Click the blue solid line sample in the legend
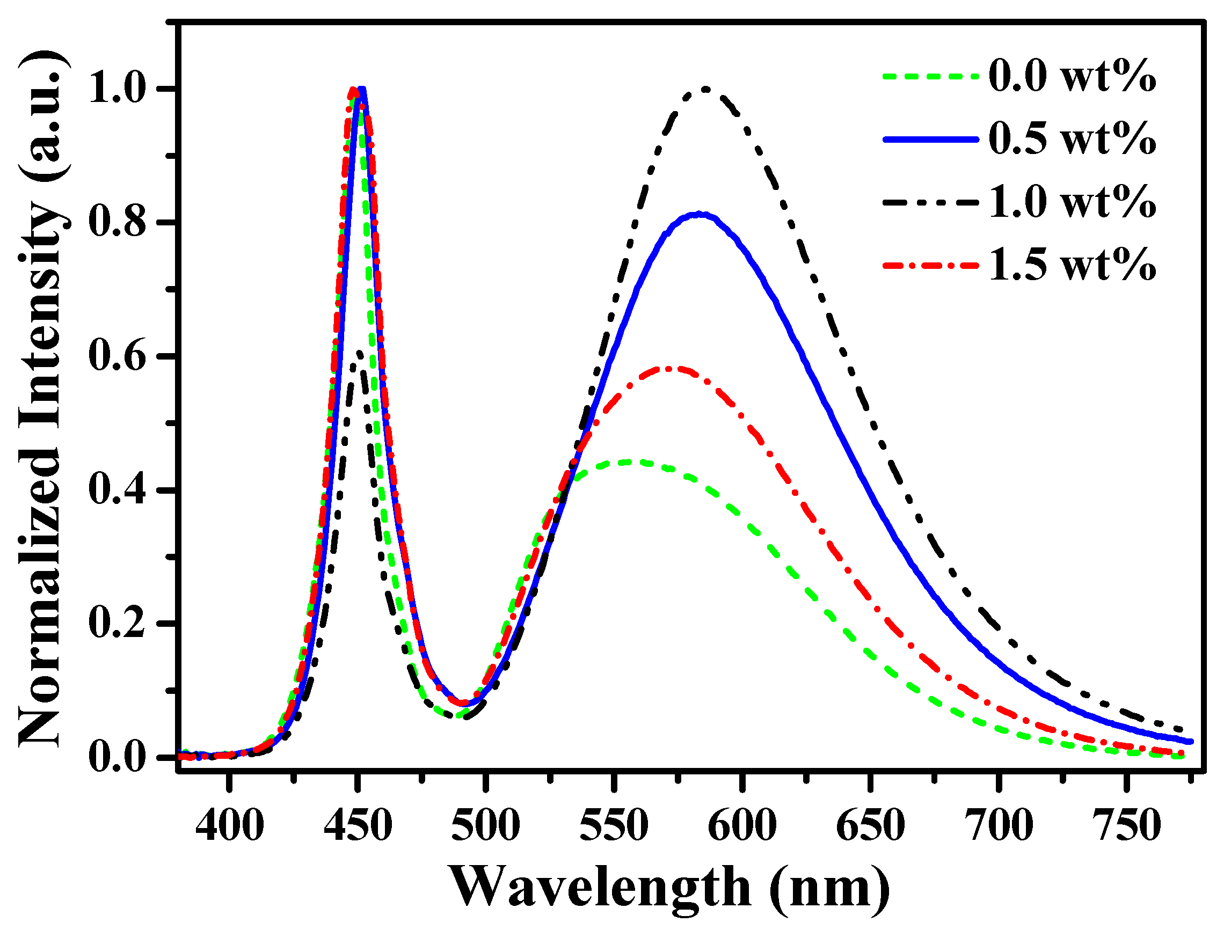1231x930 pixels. coord(930,140)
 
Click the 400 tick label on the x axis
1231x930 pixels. coord(229,826)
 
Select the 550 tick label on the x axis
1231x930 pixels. coord(614,826)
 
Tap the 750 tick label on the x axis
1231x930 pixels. coord(1126,826)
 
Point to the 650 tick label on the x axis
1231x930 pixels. coord(870,826)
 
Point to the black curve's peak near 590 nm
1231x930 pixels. coord(705,89)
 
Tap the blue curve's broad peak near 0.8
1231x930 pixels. coord(700,214)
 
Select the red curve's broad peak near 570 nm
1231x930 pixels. coord(669,368)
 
